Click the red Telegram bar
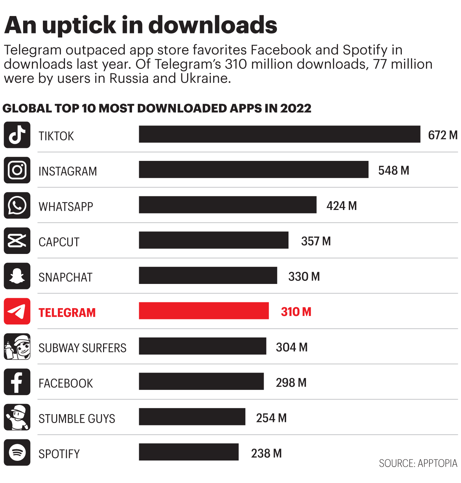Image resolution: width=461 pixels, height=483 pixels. (203, 311)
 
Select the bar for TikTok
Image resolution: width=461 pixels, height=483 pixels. (279, 134)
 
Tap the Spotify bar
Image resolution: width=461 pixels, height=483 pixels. (188, 452)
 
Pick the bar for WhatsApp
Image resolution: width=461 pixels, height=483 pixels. (227, 205)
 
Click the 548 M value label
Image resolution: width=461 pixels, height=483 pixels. (393, 170)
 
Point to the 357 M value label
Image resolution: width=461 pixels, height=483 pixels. (316, 241)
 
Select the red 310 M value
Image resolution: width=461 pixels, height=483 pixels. (296, 312)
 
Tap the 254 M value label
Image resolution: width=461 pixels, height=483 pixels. (271, 418)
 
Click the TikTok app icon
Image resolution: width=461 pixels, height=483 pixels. (17, 135)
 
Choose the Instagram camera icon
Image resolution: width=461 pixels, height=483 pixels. (17, 170)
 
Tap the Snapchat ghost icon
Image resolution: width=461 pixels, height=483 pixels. (17, 276)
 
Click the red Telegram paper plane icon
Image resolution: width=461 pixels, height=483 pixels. (17, 311)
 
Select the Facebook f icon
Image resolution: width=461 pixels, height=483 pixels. (17, 382)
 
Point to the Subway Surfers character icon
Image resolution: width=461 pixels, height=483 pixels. (17, 347)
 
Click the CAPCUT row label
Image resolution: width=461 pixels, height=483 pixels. (59, 242)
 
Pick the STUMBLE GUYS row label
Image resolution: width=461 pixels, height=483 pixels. (77, 419)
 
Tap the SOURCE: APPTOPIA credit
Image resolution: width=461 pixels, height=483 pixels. (418, 464)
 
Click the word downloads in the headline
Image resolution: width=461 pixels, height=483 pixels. (213, 25)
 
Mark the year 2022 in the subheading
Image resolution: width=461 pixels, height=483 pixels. (295, 108)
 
